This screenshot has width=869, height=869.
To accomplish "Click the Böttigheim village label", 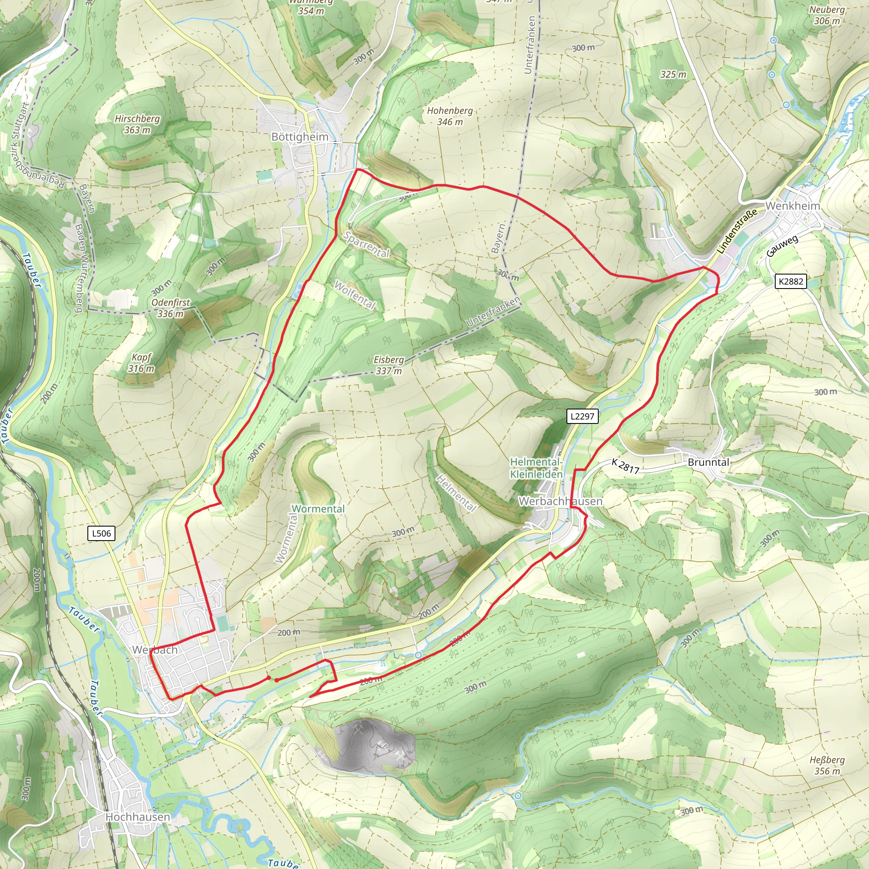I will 300,137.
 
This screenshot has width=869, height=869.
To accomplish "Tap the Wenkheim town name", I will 793,205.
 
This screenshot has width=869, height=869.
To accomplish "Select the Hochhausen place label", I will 137,817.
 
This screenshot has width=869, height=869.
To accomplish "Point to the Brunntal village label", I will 709,463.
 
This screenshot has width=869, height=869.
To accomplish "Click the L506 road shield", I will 101,533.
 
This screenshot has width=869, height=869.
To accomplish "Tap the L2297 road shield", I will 582,416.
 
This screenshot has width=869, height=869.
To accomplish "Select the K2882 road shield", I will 791,281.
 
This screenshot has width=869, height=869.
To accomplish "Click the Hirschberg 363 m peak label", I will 137,124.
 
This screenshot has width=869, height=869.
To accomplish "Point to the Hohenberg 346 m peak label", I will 450,116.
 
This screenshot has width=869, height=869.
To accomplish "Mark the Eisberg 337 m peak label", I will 389,365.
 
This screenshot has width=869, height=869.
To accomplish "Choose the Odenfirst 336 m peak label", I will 171,308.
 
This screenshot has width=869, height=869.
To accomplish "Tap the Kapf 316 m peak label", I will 141,363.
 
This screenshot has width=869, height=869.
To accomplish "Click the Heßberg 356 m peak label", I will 827,765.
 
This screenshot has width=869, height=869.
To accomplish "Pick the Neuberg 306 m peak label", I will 827,15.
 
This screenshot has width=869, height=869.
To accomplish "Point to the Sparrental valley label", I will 367,245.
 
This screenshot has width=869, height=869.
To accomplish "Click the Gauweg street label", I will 782,246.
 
